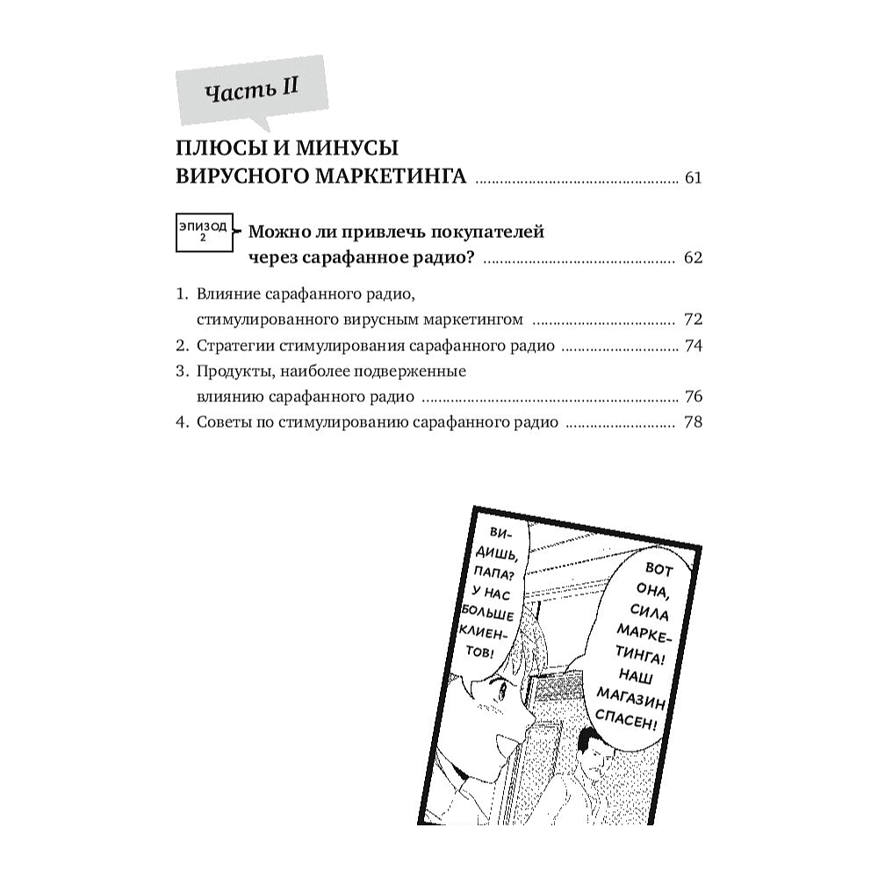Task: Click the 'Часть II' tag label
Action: [252, 90]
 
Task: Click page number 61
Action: [694, 178]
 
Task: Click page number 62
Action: [694, 259]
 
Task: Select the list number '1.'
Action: [183, 291]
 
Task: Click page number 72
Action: [694, 318]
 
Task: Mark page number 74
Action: [694, 345]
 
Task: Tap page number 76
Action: [694, 397]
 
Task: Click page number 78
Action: [694, 422]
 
